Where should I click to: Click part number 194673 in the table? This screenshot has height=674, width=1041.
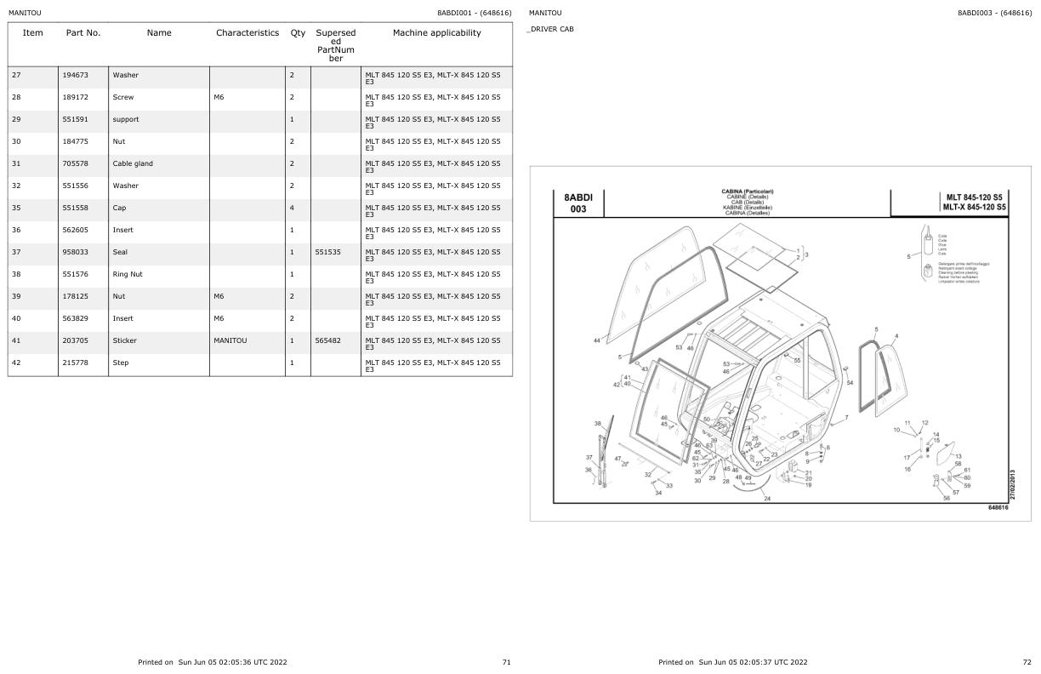74,75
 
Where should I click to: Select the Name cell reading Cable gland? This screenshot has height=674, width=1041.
133,163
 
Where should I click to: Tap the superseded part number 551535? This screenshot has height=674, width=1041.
327,252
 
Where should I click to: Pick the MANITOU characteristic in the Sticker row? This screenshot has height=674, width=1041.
230,340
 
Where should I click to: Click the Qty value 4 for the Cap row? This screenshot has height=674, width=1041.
292,208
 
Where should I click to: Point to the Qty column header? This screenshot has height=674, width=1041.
298,33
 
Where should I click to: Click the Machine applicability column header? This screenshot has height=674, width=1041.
436,33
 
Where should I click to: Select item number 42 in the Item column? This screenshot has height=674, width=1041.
16,363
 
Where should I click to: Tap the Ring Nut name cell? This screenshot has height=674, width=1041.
128,274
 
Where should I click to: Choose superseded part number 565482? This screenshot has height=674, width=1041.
327,340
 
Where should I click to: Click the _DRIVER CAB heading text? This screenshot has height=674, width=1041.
551,29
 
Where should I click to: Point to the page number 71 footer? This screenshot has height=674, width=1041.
506,661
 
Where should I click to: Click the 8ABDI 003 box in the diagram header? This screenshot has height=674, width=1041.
578,203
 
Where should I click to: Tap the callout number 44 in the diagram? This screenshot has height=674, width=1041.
596,340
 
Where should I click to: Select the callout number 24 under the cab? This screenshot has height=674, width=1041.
767,499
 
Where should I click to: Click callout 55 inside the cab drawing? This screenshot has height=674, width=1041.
797,360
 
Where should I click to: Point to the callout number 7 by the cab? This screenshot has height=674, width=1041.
845,418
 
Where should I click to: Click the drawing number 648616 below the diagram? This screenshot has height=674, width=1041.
998,507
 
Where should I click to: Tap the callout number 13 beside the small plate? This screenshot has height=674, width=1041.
958,456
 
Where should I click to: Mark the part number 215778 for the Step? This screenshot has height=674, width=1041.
74,363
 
